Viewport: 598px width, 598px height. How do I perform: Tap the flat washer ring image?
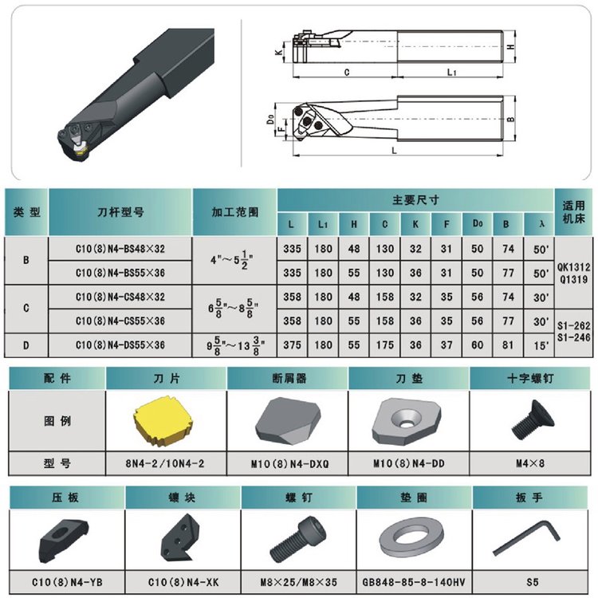click(x=411, y=538)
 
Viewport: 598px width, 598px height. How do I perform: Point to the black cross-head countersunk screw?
click(x=532, y=421)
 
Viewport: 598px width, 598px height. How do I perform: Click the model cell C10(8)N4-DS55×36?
click(x=120, y=345)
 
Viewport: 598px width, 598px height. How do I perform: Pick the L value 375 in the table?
click(x=292, y=344)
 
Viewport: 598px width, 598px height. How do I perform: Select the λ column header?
click(x=541, y=224)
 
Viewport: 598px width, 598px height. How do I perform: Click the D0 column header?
click(x=478, y=223)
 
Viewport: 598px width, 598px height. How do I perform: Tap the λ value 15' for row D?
click(x=541, y=345)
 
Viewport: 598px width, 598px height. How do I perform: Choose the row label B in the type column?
click(x=26, y=260)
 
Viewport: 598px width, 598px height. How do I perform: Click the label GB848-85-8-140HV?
click(x=414, y=582)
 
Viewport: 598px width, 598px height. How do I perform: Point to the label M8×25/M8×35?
click(x=299, y=582)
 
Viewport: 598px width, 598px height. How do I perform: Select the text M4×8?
click(x=530, y=463)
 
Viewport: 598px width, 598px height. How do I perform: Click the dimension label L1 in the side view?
click(x=451, y=72)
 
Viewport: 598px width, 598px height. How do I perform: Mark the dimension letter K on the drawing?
click(x=280, y=52)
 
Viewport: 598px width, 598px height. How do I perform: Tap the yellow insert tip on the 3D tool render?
click(x=81, y=151)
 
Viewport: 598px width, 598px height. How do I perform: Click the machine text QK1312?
click(x=573, y=267)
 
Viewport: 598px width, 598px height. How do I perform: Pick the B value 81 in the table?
click(x=508, y=344)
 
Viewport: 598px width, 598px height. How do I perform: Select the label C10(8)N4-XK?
click(x=183, y=582)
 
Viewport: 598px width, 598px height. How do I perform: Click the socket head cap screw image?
click(x=298, y=539)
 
